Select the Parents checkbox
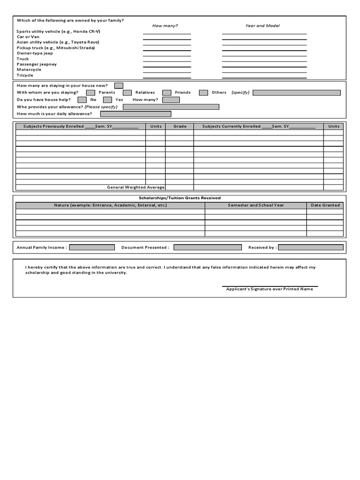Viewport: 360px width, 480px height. [x=90, y=93]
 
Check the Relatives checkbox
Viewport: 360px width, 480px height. [x=127, y=93]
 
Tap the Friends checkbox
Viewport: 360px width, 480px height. [x=166, y=93]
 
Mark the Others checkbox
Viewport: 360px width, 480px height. [x=203, y=93]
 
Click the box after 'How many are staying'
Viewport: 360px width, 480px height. [x=119, y=85]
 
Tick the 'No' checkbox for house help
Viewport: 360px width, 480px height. [x=82, y=100]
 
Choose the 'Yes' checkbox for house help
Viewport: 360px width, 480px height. [x=107, y=100]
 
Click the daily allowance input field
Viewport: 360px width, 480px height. [x=135, y=114]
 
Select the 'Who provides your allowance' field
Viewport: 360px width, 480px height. [x=171, y=107]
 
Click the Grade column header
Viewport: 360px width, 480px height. [x=180, y=127]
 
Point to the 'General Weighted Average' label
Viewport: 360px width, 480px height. [x=136, y=187]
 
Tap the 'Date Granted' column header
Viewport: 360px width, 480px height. [x=325, y=205]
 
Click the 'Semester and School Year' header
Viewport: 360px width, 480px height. [x=255, y=205]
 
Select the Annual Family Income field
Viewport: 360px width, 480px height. [x=92, y=247]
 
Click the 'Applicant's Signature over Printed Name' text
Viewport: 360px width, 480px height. [x=270, y=289]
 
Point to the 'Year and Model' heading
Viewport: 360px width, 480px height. [x=262, y=26]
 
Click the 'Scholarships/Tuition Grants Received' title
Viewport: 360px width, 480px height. [x=180, y=198]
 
